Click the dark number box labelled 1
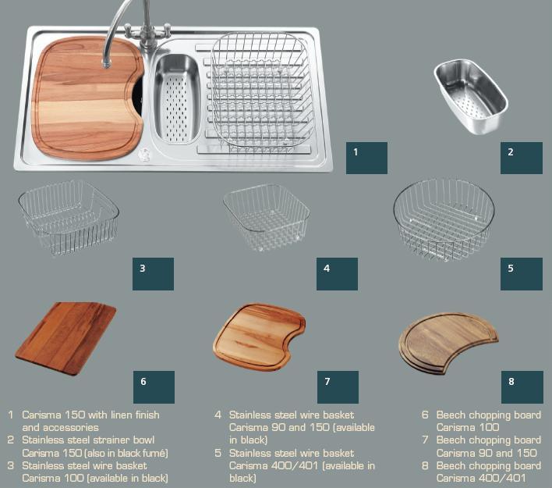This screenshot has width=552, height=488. coord(366,158)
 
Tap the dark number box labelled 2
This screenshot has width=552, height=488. coord(522,158)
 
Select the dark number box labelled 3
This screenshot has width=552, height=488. coord(153,274)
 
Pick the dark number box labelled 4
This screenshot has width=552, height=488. coord(337,274)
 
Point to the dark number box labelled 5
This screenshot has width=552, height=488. coord(522,274)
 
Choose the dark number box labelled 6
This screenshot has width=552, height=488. coord(154,387)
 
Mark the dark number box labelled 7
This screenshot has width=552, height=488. coord(338,387)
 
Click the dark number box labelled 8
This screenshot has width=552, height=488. coord(522,387)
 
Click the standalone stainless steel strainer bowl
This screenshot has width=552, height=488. coord(471,96)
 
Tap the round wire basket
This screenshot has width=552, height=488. coord(444,219)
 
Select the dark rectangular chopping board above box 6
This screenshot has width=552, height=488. coord(65,338)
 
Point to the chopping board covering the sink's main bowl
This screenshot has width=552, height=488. coord(87,98)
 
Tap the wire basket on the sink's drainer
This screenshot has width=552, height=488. coord(261,90)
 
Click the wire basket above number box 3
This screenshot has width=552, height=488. coord(69,218)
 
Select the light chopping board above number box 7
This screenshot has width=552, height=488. coord(259,337)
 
